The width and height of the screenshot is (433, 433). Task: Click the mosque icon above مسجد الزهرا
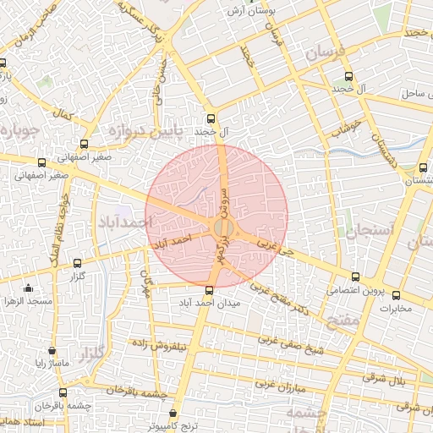tap(29, 288)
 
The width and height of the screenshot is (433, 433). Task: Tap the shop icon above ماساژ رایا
tap(52, 351)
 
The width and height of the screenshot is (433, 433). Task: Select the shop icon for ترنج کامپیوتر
tap(173, 414)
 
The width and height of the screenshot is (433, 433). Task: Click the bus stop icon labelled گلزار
tap(78, 263)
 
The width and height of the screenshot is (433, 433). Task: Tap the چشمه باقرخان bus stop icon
tap(63, 392)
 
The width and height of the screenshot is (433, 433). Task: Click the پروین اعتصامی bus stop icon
tap(355, 277)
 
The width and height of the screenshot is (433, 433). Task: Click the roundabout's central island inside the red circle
tap(223, 228)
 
